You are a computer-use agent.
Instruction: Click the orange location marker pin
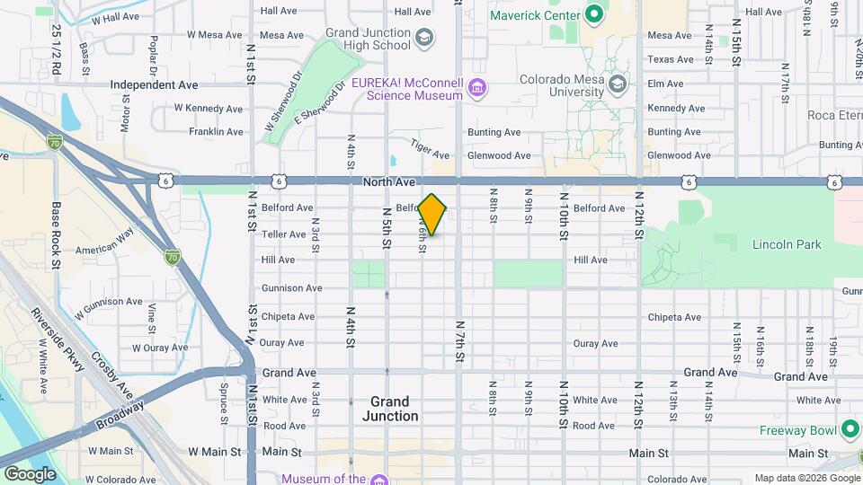coord(432,215)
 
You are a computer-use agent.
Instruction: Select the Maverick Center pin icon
coord(593,14)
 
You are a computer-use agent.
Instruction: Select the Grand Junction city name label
coord(390,409)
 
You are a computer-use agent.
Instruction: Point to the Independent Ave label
coord(154,84)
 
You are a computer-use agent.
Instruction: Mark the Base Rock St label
coord(56,235)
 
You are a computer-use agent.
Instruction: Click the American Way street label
coord(104,250)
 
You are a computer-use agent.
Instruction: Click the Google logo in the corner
coord(30,473)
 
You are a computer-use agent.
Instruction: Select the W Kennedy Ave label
coord(209,109)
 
